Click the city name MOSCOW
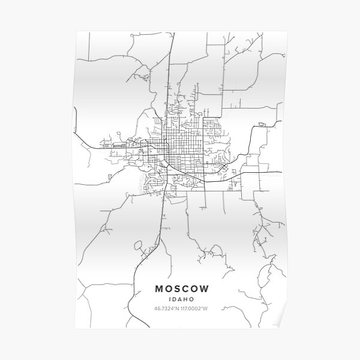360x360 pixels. (182, 289)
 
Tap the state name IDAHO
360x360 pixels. (182, 300)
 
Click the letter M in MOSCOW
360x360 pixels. (159, 289)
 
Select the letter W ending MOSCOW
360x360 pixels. (206, 289)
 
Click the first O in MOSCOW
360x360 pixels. (169, 289)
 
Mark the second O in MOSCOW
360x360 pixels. (196, 289)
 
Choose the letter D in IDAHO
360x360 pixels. (176, 300)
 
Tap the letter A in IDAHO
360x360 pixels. (182, 300)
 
